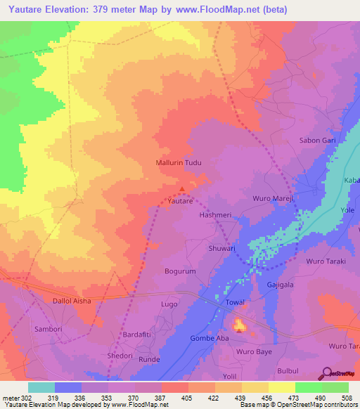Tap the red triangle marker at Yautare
183,188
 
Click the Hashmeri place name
215,215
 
